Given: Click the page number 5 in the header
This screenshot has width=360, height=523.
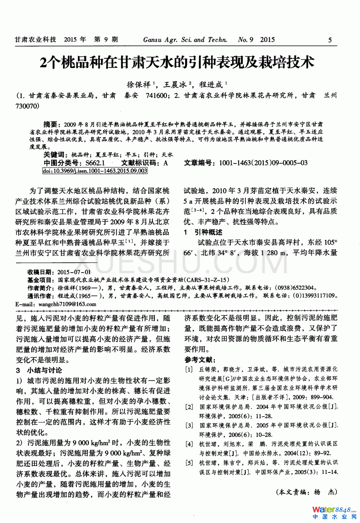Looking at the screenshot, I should [330, 40].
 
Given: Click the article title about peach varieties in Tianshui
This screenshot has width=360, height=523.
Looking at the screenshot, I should [177, 62].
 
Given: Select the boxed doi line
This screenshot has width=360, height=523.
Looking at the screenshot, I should [95, 171].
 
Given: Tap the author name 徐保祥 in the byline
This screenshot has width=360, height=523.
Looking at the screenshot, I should [138, 85].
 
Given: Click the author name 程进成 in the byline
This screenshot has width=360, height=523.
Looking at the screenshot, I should [211, 85].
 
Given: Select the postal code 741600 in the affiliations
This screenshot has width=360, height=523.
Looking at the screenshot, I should [157, 95].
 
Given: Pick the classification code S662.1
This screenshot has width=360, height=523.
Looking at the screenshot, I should [95, 163].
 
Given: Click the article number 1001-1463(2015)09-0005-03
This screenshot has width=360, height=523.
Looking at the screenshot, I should [263, 163].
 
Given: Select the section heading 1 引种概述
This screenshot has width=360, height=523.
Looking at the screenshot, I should [203, 232].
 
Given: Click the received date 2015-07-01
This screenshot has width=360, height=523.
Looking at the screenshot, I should [74, 272].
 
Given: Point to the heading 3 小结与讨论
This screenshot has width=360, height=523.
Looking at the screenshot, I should [39, 370].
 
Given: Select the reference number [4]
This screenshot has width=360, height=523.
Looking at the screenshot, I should [189, 444].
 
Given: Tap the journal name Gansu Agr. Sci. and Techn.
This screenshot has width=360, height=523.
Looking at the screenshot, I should [185, 40].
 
